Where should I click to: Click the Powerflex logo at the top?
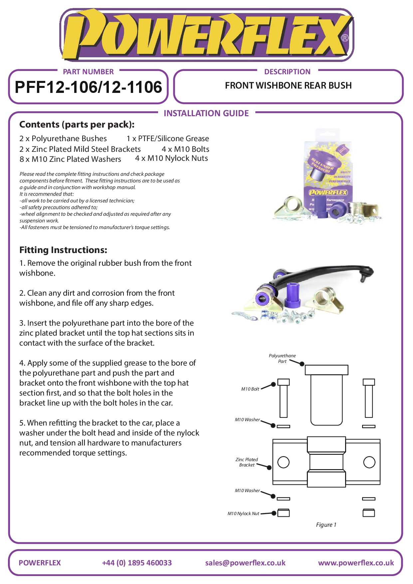[x=206, y=35]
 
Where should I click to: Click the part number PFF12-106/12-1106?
[x=89, y=87]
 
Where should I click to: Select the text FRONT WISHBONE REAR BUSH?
[x=288, y=86]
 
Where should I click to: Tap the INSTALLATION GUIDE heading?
[x=206, y=113]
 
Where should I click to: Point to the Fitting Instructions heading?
[x=63, y=250]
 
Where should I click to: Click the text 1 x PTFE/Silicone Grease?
[x=168, y=139]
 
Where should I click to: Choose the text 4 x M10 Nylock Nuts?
[x=171, y=158]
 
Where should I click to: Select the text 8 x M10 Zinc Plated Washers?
[x=70, y=159]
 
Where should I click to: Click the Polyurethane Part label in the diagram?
[x=282, y=359]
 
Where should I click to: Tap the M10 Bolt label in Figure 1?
[x=250, y=389]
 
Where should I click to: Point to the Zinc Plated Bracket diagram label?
[x=247, y=462]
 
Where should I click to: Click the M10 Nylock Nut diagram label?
[x=243, y=513]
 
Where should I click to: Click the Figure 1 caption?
[x=326, y=525]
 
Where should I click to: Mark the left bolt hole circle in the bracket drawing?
[x=283, y=462]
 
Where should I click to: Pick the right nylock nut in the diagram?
[x=369, y=513]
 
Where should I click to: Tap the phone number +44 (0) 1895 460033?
[x=137, y=563]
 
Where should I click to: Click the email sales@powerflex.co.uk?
[x=245, y=563]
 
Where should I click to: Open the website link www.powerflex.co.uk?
[x=356, y=563]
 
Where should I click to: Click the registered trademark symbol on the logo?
[x=345, y=38]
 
